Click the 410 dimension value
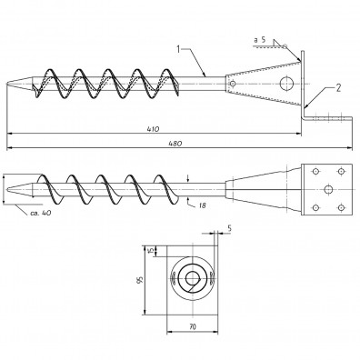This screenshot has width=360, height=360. pyautogui.click(x=154, y=129)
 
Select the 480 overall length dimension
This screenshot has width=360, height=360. pyautogui.click(x=175, y=144)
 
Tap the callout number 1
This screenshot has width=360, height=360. pyautogui.click(x=179, y=49)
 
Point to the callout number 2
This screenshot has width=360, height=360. pyautogui.click(x=338, y=88)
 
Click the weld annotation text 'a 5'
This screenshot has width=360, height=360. pyautogui.click(x=260, y=40)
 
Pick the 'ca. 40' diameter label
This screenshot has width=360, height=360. pyautogui.click(x=41, y=213)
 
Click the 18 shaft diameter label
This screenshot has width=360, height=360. pyautogui.click(x=203, y=205)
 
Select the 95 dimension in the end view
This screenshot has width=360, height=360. pyautogui.click(x=140, y=280)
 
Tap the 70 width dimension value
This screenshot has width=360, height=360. pyautogui.click(x=193, y=326)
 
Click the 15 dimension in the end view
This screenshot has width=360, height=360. pyautogui.click(x=150, y=251)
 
